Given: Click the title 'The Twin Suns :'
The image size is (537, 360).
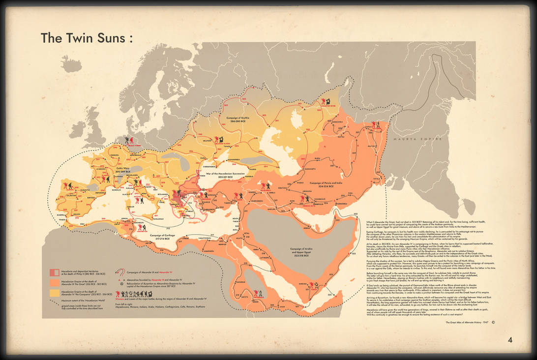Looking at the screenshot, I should click(x=87, y=38).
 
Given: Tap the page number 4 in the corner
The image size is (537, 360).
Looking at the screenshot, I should click(x=510, y=339).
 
